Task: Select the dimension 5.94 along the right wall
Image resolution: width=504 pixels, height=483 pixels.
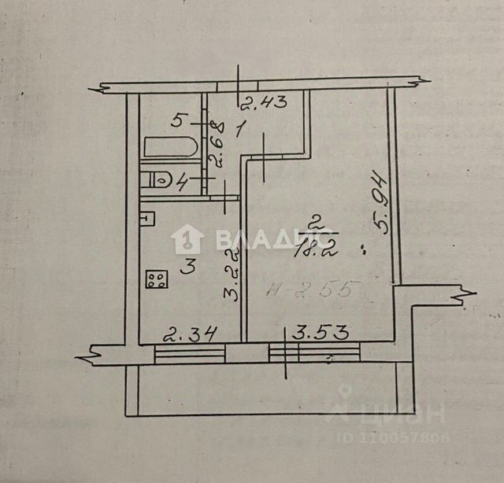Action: pos(382,202)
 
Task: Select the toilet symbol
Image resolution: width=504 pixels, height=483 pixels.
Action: pos(159,179)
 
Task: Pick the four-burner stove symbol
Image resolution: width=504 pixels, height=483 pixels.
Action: pos(156,279)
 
